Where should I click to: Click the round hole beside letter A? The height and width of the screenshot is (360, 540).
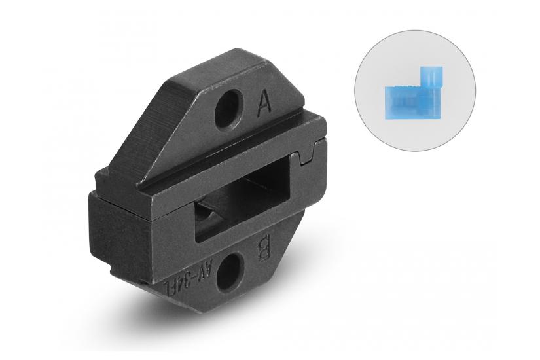coord(228,107)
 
